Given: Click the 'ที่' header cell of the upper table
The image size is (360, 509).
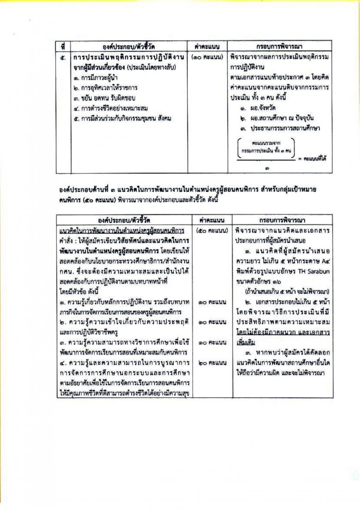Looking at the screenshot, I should coord(63,45).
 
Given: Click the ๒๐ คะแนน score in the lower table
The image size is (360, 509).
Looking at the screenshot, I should coord(211,363).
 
